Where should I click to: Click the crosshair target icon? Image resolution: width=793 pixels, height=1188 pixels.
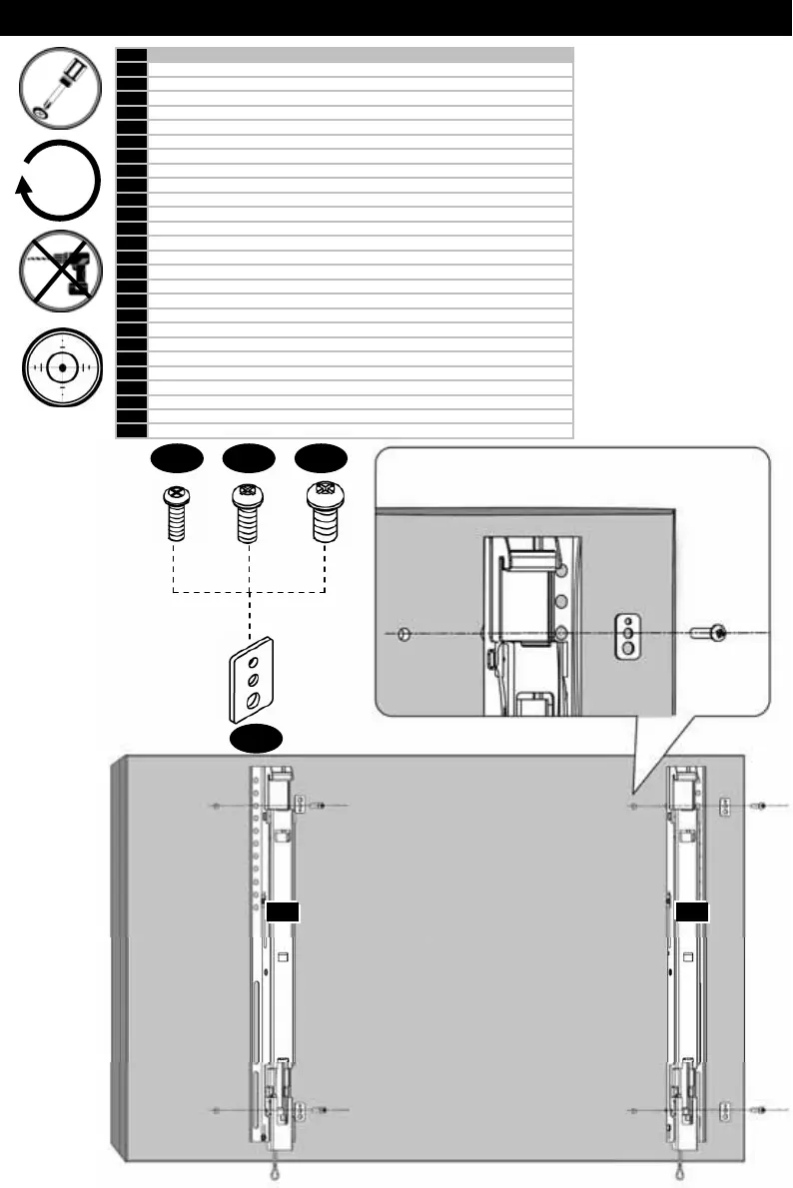pos(62,368)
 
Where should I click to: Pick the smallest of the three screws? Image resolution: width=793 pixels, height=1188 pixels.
pos(175,511)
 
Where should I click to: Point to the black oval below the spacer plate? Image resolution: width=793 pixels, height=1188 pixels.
pos(257,739)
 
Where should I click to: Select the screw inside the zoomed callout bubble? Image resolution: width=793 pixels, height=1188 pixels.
pos(708,632)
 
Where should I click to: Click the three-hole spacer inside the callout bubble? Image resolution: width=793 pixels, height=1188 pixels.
pos(626,633)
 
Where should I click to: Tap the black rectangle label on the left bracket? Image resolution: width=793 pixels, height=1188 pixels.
pos(284,910)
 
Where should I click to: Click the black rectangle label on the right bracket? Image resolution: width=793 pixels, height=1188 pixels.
pos(692,910)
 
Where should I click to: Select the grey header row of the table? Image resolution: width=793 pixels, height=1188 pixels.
pos(360,54)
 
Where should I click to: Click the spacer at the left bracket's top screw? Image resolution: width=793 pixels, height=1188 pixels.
pos(299,804)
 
